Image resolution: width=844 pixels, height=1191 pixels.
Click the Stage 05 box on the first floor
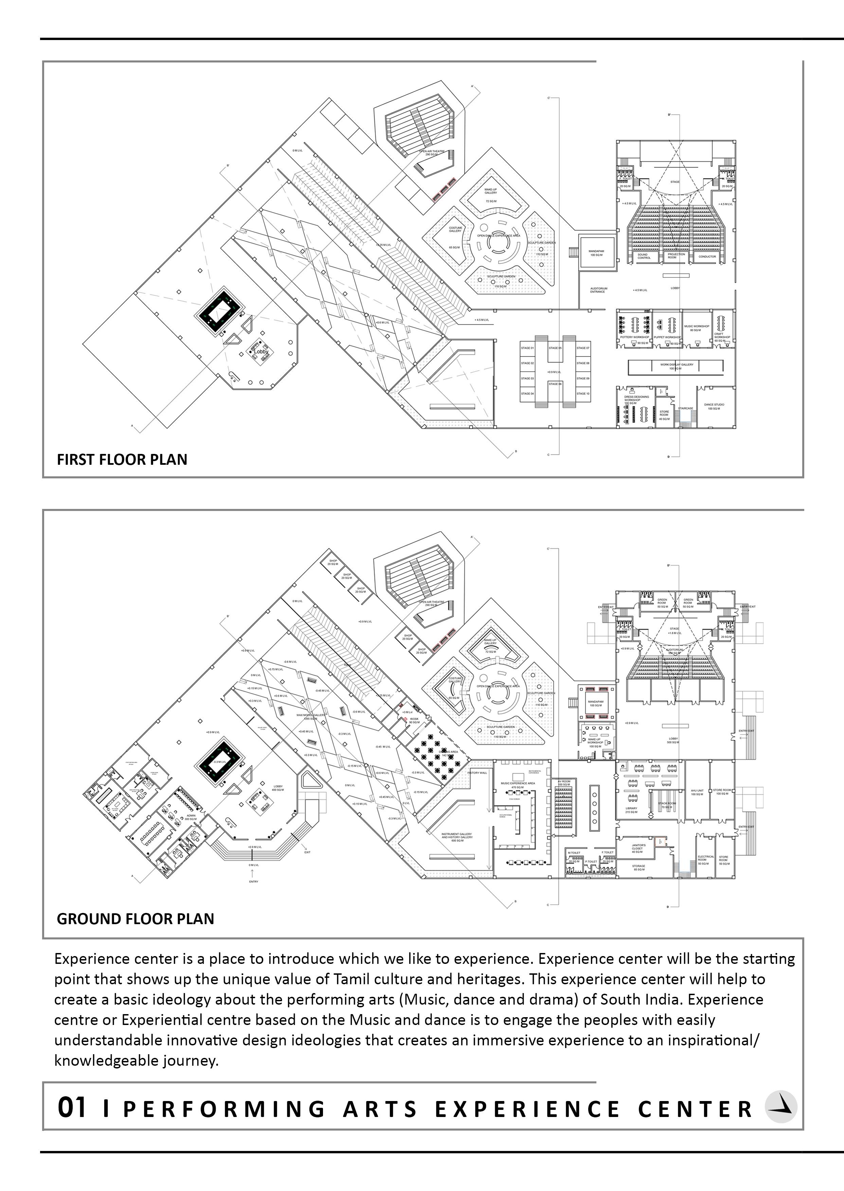pos(555,348)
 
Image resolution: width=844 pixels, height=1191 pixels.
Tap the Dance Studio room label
pos(714,406)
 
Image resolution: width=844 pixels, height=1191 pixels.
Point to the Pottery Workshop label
pos(634,337)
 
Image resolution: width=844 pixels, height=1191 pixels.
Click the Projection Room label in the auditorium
pos(676,256)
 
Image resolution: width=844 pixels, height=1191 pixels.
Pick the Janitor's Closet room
pos(638,848)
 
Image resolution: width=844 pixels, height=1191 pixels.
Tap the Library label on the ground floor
pos(631,810)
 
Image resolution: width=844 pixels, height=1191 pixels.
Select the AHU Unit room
pos(697,792)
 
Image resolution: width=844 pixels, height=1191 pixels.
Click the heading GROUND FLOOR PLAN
pos(135,919)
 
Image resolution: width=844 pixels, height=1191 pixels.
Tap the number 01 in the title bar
pos(71,1107)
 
